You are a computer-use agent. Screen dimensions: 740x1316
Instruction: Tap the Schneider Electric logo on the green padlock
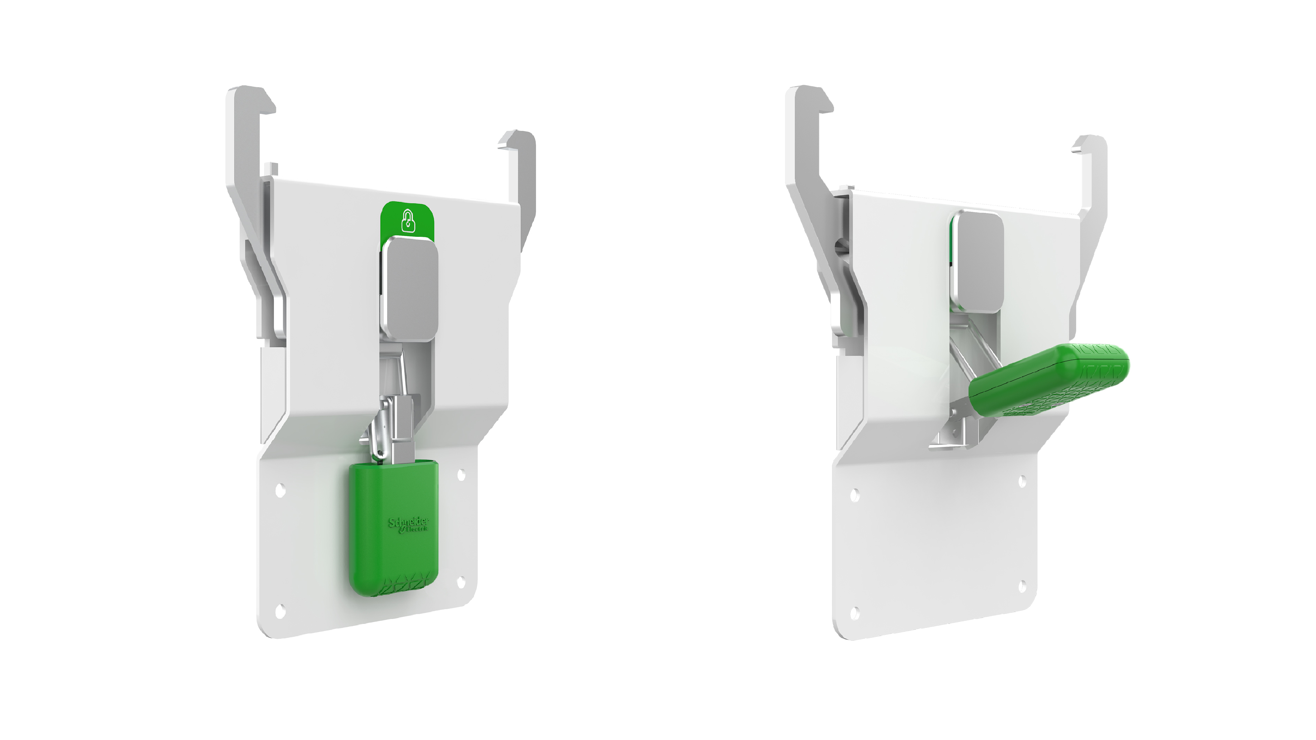point(409,525)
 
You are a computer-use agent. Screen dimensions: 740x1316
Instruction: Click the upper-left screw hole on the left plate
point(280,491)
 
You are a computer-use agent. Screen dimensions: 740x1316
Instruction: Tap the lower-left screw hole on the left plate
point(280,611)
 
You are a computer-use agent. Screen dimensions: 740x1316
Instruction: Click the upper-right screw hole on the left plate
point(461,475)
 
